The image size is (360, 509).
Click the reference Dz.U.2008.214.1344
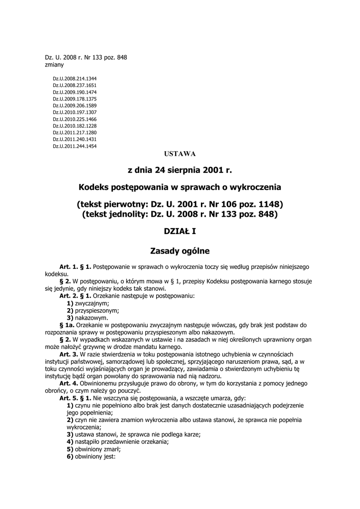pyautogui.click(x=75, y=79)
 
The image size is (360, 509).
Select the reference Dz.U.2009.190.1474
pyautogui.click(x=75, y=92)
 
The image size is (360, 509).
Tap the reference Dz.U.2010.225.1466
pyautogui.click(x=75, y=119)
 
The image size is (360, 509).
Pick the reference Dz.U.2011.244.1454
pyautogui.click(x=75, y=146)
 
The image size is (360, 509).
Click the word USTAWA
pyautogui.click(x=180, y=154)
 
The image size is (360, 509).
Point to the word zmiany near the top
pyautogui.click(x=54, y=65)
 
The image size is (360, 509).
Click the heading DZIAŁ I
pyautogui.click(x=180, y=231)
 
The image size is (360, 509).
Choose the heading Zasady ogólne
pyautogui.click(x=180, y=251)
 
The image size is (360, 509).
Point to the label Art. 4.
pyautogui.click(x=69, y=383)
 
